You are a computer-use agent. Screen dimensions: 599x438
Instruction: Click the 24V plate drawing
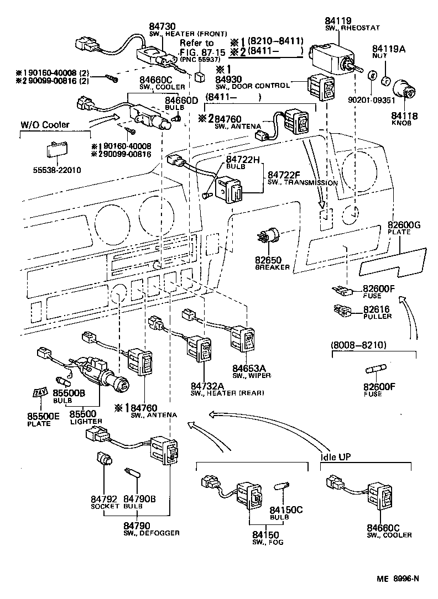pos(39,393)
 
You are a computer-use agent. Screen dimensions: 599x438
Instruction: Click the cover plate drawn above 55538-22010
pos(55,150)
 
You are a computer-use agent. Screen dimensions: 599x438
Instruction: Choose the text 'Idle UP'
pos(337,458)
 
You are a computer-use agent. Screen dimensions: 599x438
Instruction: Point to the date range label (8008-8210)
pos(358,345)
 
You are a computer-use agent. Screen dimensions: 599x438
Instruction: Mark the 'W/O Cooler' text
pos(45,125)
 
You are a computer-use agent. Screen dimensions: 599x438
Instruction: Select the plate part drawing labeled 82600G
pos(394,262)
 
